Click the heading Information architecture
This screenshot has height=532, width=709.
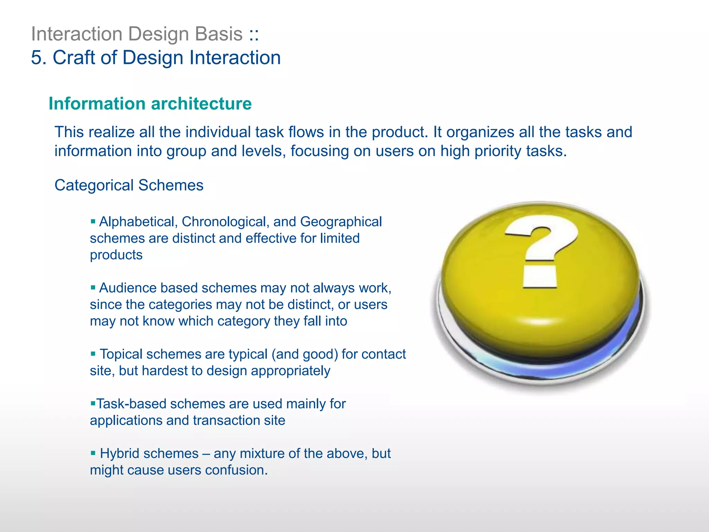(x=150, y=104)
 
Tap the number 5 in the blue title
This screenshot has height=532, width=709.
(x=38, y=57)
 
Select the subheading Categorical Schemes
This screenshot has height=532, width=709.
(x=129, y=185)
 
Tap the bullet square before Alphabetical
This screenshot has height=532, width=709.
(x=93, y=221)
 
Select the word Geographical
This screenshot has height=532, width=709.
(x=341, y=222)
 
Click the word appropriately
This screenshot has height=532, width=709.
(x=290, y=371)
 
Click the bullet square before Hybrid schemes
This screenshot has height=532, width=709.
(x=93, y=453)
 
